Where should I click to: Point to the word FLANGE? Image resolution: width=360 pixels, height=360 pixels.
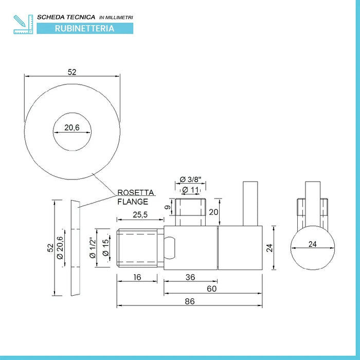pyautogui.click(x=133, y=202)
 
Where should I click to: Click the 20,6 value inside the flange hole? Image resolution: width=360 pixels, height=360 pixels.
pyautogui.click(x=72, y=128)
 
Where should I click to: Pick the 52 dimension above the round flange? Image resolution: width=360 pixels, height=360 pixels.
pyautogui.click(x=72, y=73)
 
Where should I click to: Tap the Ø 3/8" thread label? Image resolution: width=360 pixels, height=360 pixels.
pyautogui.click(x=190, y=179)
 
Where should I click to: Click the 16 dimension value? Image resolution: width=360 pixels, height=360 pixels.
pyautogui.click(x=136, y=277)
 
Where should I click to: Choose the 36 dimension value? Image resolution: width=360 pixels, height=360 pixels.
pyautogui.click(x=190, y=277)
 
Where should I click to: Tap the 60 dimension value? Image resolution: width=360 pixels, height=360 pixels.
pyautogui.click(x=211, y=289)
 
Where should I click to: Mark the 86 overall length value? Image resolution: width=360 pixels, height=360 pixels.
pyautogui.click(x=190, y=301)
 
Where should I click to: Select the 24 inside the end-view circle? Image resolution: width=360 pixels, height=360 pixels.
pyautogui.click(x=312, y=245)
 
